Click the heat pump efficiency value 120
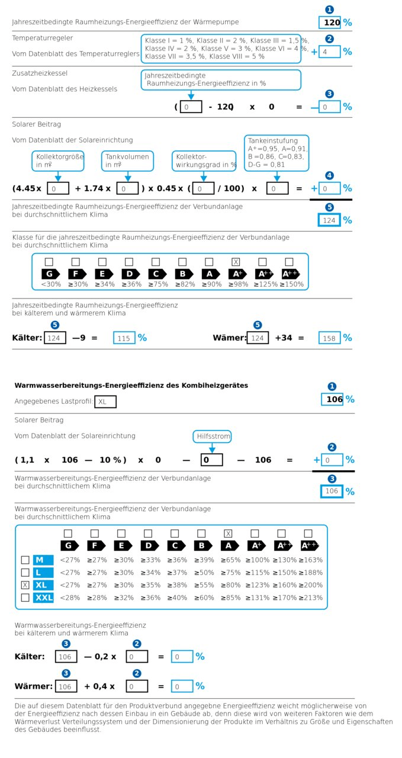tap(330, 23)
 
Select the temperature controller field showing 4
tap(329, 52)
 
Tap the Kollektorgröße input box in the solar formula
tap(57, 188)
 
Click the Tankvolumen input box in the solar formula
tap(127, 188)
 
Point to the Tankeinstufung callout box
tap(276, 153)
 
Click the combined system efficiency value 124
tap(329, 220)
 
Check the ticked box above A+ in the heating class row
tap(236, 262)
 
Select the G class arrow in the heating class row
tap(50, 274)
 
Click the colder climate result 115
tap(124, 338)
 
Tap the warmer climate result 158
tap(329, 338)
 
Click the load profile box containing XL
tap(105, 402)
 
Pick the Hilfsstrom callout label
tap(212, 436)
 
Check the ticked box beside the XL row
tap(25, 584)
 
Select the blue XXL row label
tap(43, 598)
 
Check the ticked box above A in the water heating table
tap(228, 534)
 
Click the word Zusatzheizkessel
tap(40, 73)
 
